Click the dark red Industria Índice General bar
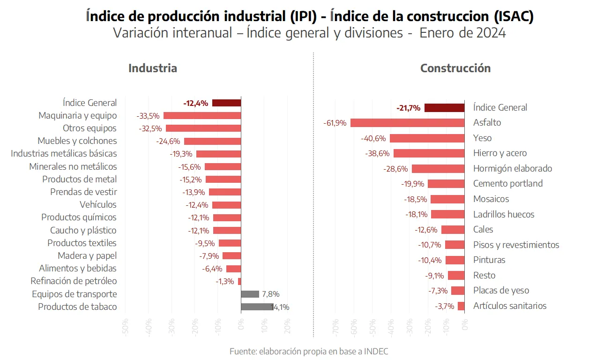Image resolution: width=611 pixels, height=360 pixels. tap(226, 103)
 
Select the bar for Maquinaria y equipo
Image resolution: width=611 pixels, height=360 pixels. tap(202, 116)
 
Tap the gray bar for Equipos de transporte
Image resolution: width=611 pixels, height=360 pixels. tap(250, 294)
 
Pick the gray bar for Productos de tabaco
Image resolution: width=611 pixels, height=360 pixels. tap(257, 307)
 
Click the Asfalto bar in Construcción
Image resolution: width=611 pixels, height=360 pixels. tap(407, 123)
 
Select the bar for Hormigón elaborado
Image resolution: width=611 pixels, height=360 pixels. tap(438, 169)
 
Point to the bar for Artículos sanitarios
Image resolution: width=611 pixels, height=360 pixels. tap(461, 306)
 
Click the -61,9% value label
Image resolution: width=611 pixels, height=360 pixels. tap(335, 123)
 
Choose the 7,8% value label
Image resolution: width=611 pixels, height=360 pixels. tap(271, 294)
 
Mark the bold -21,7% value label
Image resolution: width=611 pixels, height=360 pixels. tap(408, 108)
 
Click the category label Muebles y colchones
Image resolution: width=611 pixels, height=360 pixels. tap(77, 141)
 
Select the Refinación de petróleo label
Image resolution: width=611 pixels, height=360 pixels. tap(74, 281)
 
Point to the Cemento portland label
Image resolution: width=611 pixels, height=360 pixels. tap(508, 184)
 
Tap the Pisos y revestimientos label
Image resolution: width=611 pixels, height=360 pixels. tap(516, 245)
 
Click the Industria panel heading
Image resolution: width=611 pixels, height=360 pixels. tap(153, 68)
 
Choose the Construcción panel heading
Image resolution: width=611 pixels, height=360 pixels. tap(455, 68)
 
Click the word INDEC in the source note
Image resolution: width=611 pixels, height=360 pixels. tap(376, 352)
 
